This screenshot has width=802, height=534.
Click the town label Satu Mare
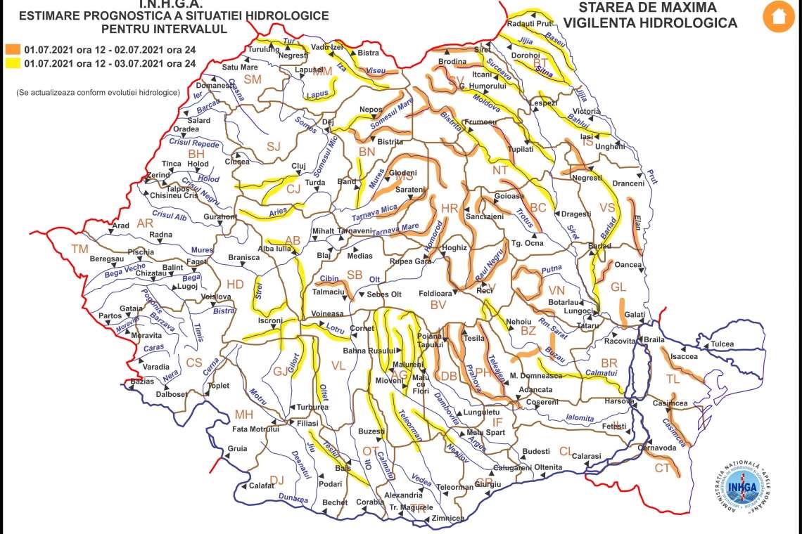pos(240,67)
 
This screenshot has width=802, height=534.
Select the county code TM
pos(81,249)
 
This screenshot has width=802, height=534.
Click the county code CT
pos(663,468)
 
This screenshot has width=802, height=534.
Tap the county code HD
pos(234,284)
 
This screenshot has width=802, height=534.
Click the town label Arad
pos(121,226)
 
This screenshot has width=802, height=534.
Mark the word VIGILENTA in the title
pos(607,22)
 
